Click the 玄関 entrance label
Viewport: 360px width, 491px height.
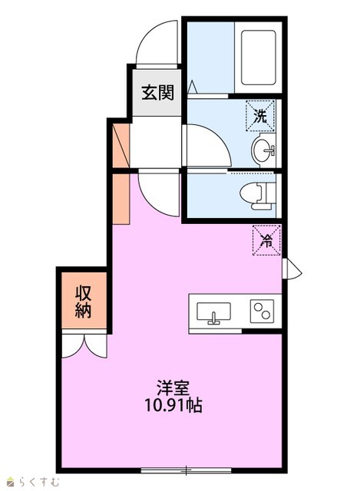click(157, 93)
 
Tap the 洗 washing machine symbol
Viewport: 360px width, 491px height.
click(260, 115)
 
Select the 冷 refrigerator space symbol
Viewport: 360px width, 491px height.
click(266, 240)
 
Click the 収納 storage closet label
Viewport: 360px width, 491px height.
click(84, 302)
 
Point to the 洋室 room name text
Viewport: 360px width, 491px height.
click(173, 387)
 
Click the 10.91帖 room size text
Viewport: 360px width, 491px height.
click(173, 406)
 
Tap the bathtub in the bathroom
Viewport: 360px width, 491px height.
click(259, 58)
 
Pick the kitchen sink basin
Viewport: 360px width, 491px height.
click(213, 312)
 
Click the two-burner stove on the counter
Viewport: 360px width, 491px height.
click(262, 311)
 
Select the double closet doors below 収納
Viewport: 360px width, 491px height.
click(84, 344)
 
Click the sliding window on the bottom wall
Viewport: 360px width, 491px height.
click(186, 470)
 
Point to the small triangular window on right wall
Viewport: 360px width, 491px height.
click(292, 269)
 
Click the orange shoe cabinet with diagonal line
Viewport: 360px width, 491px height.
click(121, 146)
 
